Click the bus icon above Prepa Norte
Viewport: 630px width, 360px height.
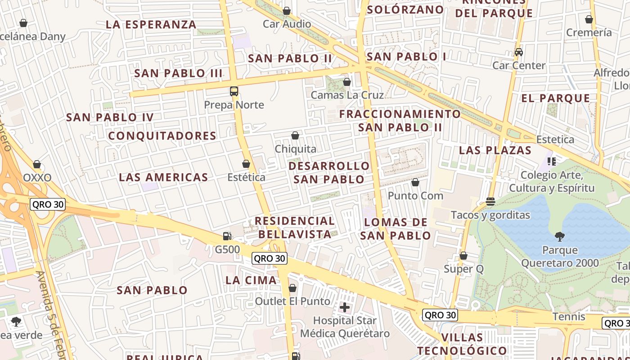(x=234, y=91)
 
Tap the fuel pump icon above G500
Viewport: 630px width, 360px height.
(x=227, y=236)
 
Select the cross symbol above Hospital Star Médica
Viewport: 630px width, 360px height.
(x=345, y=307)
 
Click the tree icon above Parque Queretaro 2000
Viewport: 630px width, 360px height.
(x=559, y=236)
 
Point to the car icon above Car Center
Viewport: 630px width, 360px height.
(x=518, y=52)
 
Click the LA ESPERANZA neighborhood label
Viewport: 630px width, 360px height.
(x=151, y=25)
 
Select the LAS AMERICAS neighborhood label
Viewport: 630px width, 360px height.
(x=163, y=177)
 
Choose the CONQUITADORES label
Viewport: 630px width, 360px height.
(x=162, y=136)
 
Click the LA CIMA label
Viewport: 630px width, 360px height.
(x=251, y=280)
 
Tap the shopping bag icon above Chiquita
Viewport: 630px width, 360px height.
(x=295, y=135)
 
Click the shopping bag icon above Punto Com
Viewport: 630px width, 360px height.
(x=415, y=182)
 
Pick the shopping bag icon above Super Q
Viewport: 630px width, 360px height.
(x=463, y=256)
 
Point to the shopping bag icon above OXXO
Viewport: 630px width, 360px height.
(x=37, y=164)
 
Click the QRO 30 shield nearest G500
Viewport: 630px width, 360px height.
(x=269, y=258)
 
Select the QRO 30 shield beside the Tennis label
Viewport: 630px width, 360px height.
(x=440, y=315)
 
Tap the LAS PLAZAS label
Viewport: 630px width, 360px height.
(x=495, y=150)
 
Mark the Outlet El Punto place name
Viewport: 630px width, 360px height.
(x=292, y=301)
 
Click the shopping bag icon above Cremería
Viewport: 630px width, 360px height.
(x=589, y=19)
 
